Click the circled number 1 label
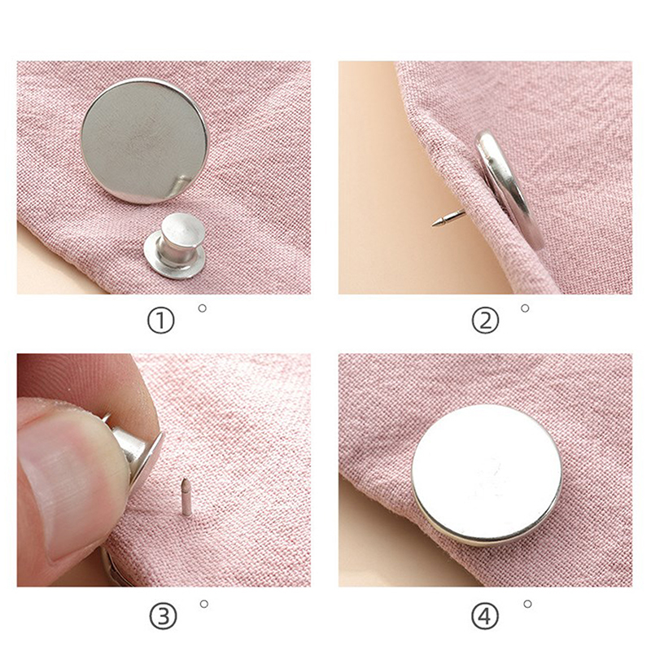(160, 320)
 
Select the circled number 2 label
(485, 320)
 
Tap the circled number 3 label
(162, 617)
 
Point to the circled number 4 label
(484, 617)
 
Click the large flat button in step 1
(144, 141)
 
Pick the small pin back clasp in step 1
(175, 246)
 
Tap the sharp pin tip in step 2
(434, 225)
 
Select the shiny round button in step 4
(487, 475)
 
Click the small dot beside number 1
(203, 308)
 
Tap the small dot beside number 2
(525, 308)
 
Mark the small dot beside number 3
(204, 604)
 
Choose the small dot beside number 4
(527, 604)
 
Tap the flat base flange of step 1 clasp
(174, 260)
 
